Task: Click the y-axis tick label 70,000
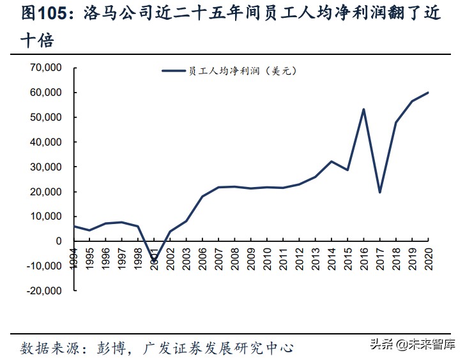(x=43, y=68)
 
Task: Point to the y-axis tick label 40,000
(x=43, y=142)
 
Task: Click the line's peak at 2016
(x=363, y=109)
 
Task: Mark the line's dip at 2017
(x=379, y=192)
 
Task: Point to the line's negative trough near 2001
(x=154, y=262)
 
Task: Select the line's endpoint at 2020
(x=428, y=93)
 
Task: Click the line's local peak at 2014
(x=331, y=161)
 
